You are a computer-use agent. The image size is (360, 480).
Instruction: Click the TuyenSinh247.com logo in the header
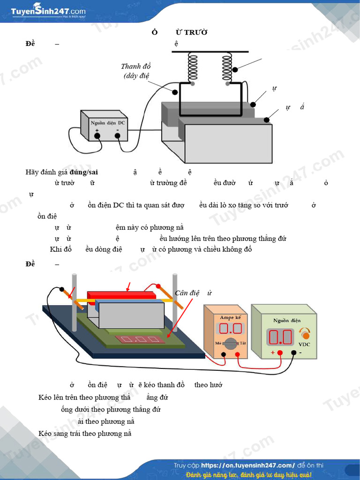point(48,12)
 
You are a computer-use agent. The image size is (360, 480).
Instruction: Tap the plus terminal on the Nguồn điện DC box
point(97,136)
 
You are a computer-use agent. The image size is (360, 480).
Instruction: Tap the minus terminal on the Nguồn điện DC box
point(118,136)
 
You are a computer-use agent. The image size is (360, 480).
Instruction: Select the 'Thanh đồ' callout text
point(136,67)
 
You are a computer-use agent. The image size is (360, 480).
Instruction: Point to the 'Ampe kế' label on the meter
point(230,317)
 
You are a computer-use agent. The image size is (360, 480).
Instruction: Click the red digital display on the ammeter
point(230,328)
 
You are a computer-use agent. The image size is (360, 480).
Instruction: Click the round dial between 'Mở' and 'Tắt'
point(230,343)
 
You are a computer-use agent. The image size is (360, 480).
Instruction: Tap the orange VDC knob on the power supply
point(305,335)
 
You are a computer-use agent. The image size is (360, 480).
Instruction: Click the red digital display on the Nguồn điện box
point(280,337)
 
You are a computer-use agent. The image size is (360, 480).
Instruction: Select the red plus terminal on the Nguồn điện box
point(280,352)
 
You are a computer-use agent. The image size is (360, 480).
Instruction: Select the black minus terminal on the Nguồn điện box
point(294,352)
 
